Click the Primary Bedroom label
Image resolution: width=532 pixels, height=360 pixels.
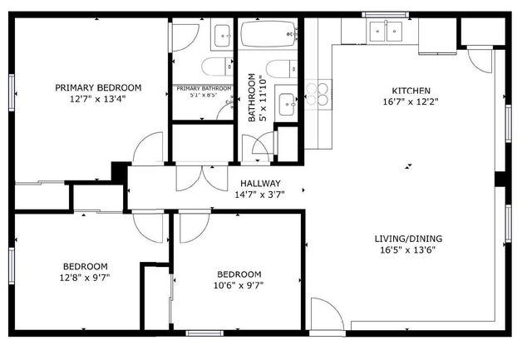click(x=98, y=87)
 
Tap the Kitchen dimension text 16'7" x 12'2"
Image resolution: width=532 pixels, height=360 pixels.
click(x=411, y=101)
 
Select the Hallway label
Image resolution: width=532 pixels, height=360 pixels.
click(x=260, y=184)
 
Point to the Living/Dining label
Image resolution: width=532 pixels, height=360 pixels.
click(x=408, y=239)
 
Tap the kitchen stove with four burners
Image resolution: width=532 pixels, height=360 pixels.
click(x=318, y=94)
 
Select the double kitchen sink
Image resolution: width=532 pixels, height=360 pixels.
click(x=386, y=31)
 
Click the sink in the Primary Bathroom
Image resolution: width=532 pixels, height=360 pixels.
click(x=222, y=36)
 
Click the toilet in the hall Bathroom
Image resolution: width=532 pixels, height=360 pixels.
click(x=282, y=69)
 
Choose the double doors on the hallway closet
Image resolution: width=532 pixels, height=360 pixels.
click(x=202, y=178)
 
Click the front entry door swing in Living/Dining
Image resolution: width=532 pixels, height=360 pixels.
click(x=328, y=313)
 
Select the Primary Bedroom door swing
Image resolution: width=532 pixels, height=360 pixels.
click(x=148, y=148)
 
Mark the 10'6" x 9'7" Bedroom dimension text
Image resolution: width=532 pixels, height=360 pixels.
click(x=239, y=286)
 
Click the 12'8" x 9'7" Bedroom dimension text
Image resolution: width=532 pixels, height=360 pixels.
click(x=85, y=278)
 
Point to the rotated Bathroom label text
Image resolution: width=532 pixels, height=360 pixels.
click(x=256, y=97)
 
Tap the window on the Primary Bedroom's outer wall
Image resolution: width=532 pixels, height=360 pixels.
click(x=12, y=92)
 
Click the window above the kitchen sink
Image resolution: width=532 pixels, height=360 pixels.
click(x=385, y=15)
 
